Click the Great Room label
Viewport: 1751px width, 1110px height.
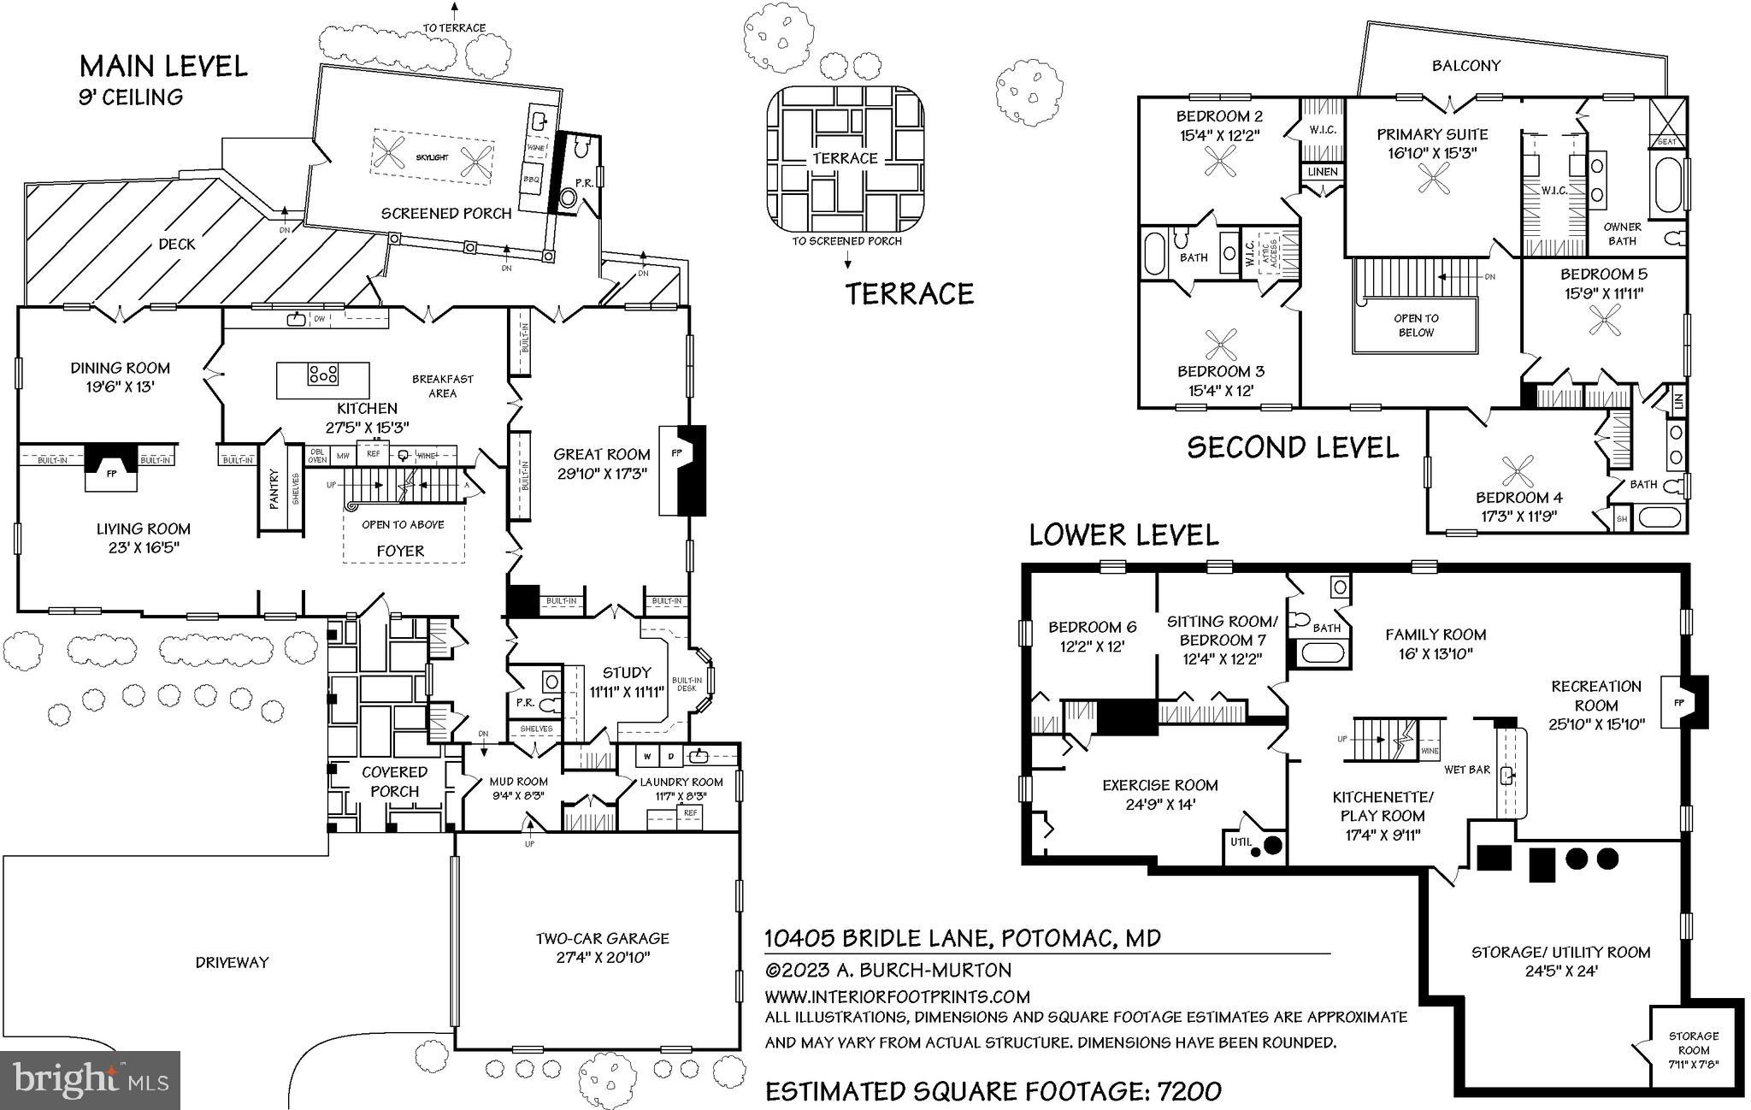pos(601,454)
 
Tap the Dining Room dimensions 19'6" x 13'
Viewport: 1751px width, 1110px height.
pos(120,387)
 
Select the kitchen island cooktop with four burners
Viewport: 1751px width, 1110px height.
pos(324,374)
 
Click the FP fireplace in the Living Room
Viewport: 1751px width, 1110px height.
pos(111,471)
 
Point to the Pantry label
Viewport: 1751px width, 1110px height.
pos(274,488)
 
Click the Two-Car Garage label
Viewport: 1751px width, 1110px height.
pos(602,938)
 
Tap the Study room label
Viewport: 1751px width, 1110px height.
pos(627,672)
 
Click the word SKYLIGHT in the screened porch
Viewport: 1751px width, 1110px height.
pos(433,158)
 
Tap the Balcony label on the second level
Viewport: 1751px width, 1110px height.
pos(1466,65)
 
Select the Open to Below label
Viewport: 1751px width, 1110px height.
pos(1416,325)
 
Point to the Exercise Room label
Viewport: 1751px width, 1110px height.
pos(1159,785)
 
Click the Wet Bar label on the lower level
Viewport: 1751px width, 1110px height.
pos(1467,770)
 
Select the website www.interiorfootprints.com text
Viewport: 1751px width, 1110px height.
pos(897,996)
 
